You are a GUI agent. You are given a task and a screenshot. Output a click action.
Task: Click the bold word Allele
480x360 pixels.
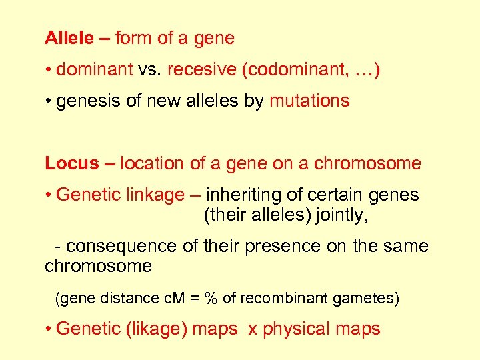69,39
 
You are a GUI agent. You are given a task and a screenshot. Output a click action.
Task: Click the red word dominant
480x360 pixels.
95,69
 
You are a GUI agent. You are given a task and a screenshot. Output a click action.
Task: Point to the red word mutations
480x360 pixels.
309,101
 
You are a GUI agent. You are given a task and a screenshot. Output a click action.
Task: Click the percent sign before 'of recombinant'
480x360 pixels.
211,299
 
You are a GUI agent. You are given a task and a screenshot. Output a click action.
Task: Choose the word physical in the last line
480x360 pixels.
297,329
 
